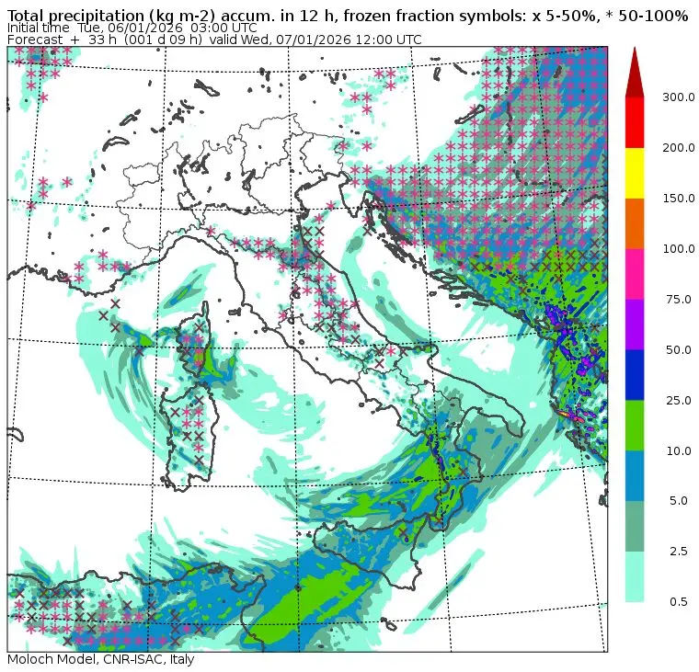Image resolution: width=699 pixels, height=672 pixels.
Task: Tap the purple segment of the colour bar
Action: [x=635, y=325]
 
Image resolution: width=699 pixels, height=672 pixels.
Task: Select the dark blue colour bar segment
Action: [x=635, y=375]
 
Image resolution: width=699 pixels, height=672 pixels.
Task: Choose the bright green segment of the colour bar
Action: [x=635, y=426]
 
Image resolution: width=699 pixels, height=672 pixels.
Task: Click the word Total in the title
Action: [x=28, y=16]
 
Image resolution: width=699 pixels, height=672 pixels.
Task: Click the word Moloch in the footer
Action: [x=30, y=660]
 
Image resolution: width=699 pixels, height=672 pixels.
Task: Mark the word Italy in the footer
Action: [x=178, y=660]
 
